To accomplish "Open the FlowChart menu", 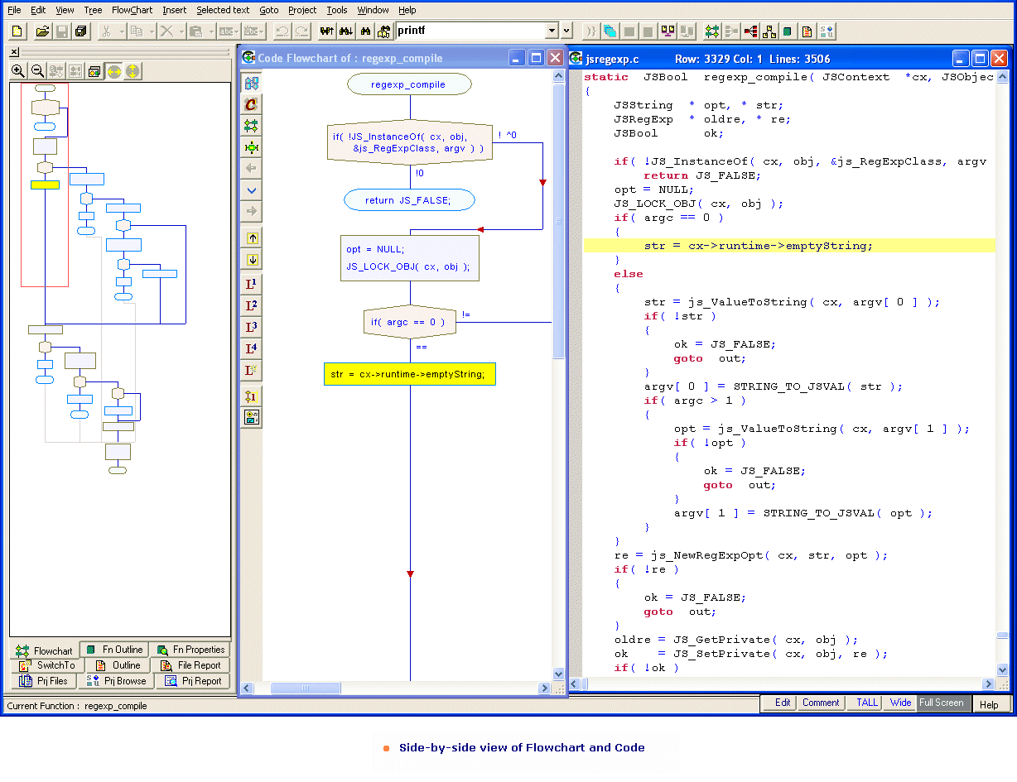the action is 132,10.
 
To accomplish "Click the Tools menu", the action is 336,10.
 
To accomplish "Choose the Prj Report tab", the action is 193,680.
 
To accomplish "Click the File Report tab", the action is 190,664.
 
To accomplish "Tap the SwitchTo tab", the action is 47,664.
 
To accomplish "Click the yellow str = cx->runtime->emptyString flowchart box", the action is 409,374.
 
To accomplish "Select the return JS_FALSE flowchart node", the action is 409,200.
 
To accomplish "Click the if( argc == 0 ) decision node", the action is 409,322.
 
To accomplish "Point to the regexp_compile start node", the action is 409,84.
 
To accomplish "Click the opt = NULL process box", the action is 409,258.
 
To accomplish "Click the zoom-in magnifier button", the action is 17,71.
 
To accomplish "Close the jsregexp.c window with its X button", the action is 1000,59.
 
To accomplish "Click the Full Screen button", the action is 941,703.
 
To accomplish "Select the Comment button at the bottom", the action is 821,703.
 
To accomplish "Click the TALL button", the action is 866,703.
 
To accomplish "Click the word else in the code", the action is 628,274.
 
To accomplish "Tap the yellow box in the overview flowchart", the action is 45,185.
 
